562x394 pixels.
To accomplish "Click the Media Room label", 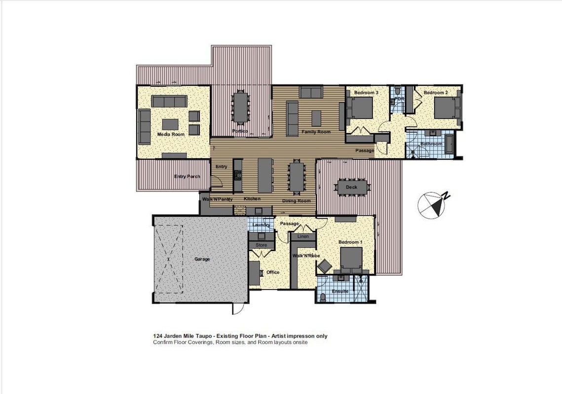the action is (x=171, y=134).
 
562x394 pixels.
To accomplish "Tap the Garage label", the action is (x=202, y=259).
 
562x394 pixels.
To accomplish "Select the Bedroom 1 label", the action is (x=350, y=242).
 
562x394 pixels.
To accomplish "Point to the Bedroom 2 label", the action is (x=436, y=93).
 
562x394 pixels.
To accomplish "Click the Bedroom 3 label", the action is (x=366, y=93).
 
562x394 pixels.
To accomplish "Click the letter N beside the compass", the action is (x=446, y=196).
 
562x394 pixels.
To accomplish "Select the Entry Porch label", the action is (x=187, y=176).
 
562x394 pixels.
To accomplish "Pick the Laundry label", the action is (x=261, y=225).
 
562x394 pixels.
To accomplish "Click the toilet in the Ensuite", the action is (x=323, y=297).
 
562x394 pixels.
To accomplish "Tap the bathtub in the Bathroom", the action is (x=449, y=145).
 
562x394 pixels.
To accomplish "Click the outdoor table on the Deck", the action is (x=351, y=187).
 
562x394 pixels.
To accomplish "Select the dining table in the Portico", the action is (x=240, y=106).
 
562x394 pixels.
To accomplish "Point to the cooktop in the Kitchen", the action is (x=238, y=175).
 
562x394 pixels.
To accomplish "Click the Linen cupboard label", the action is (x=303, y=236).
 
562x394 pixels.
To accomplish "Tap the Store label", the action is (x=262, y=245).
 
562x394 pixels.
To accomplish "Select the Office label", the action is (x=273, y=272).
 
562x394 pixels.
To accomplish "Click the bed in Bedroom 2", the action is (x=447, y=108).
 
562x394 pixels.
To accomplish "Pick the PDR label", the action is (x=399, y=99).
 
